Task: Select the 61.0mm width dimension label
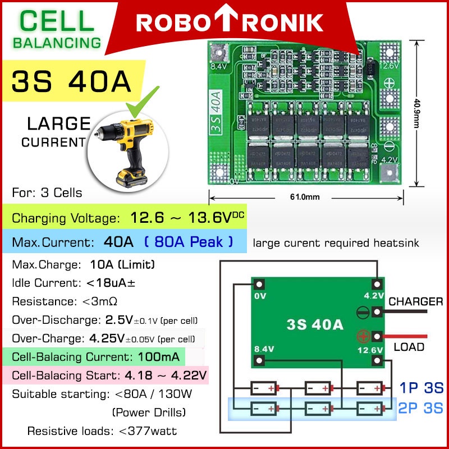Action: [305, 197]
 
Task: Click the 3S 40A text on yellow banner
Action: [71, 81]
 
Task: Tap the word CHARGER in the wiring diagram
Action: [415, 302]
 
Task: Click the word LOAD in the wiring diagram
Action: [409, 347]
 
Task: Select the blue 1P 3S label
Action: [421, 388]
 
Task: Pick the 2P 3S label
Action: [421, 408]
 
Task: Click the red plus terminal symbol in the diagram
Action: [363, 337]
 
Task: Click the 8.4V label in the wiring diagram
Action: [264, 349]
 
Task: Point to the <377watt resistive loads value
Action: [148, 431]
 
